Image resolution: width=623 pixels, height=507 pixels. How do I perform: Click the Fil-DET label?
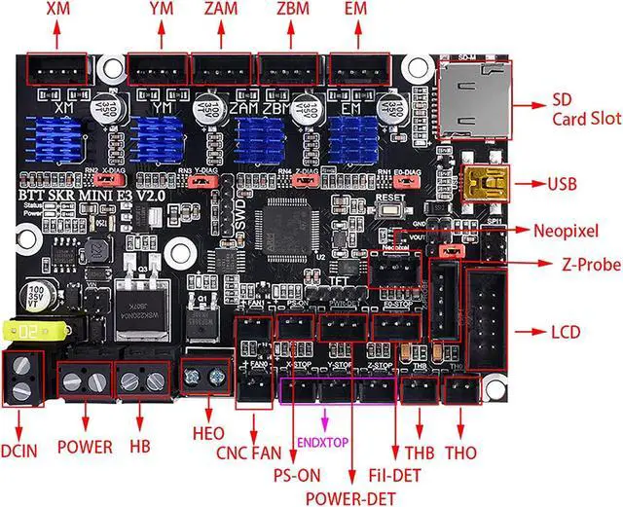tap(394, 477)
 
